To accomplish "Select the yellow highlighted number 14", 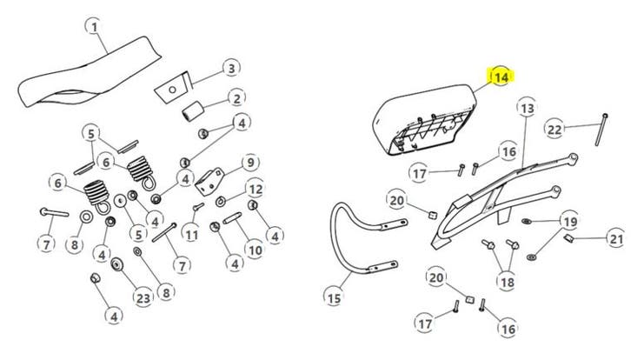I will [501, 77].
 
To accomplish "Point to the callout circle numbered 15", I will [334, 298].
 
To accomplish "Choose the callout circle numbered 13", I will [527, 108].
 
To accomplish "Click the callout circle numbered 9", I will [248, 162].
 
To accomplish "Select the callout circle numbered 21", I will [615, 238].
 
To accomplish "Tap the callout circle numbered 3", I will [230, 68].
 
